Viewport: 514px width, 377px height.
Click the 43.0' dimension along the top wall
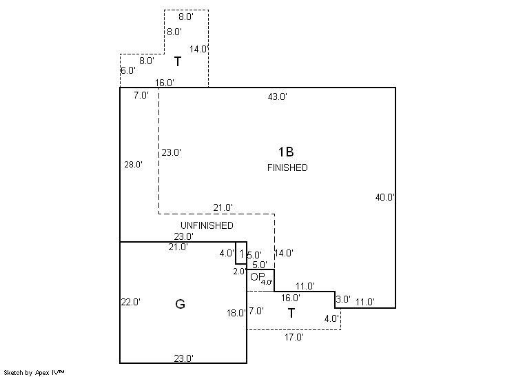[277, 96]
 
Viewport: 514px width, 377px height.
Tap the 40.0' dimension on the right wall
[384, 197]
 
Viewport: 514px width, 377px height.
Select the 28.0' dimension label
[133, 165]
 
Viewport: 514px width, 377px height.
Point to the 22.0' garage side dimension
[131, 302]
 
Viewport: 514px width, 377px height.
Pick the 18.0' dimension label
[236, 313]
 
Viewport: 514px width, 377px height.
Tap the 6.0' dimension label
[127, 71]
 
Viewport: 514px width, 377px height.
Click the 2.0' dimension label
[238, 272]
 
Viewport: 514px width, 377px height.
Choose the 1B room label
[285, 152]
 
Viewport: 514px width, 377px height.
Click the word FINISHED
[287, 168]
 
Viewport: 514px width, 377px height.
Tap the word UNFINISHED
[207, 225]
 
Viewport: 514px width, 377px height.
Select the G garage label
[181, 304]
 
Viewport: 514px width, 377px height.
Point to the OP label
[257, 277]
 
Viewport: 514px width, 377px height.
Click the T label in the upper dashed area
[178, 62]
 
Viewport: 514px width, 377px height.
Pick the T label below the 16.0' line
[291, 314]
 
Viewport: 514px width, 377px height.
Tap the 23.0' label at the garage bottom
[183, 358]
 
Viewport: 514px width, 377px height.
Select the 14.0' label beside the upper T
[199, 49]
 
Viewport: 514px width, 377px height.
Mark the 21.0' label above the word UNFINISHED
[223, 207]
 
